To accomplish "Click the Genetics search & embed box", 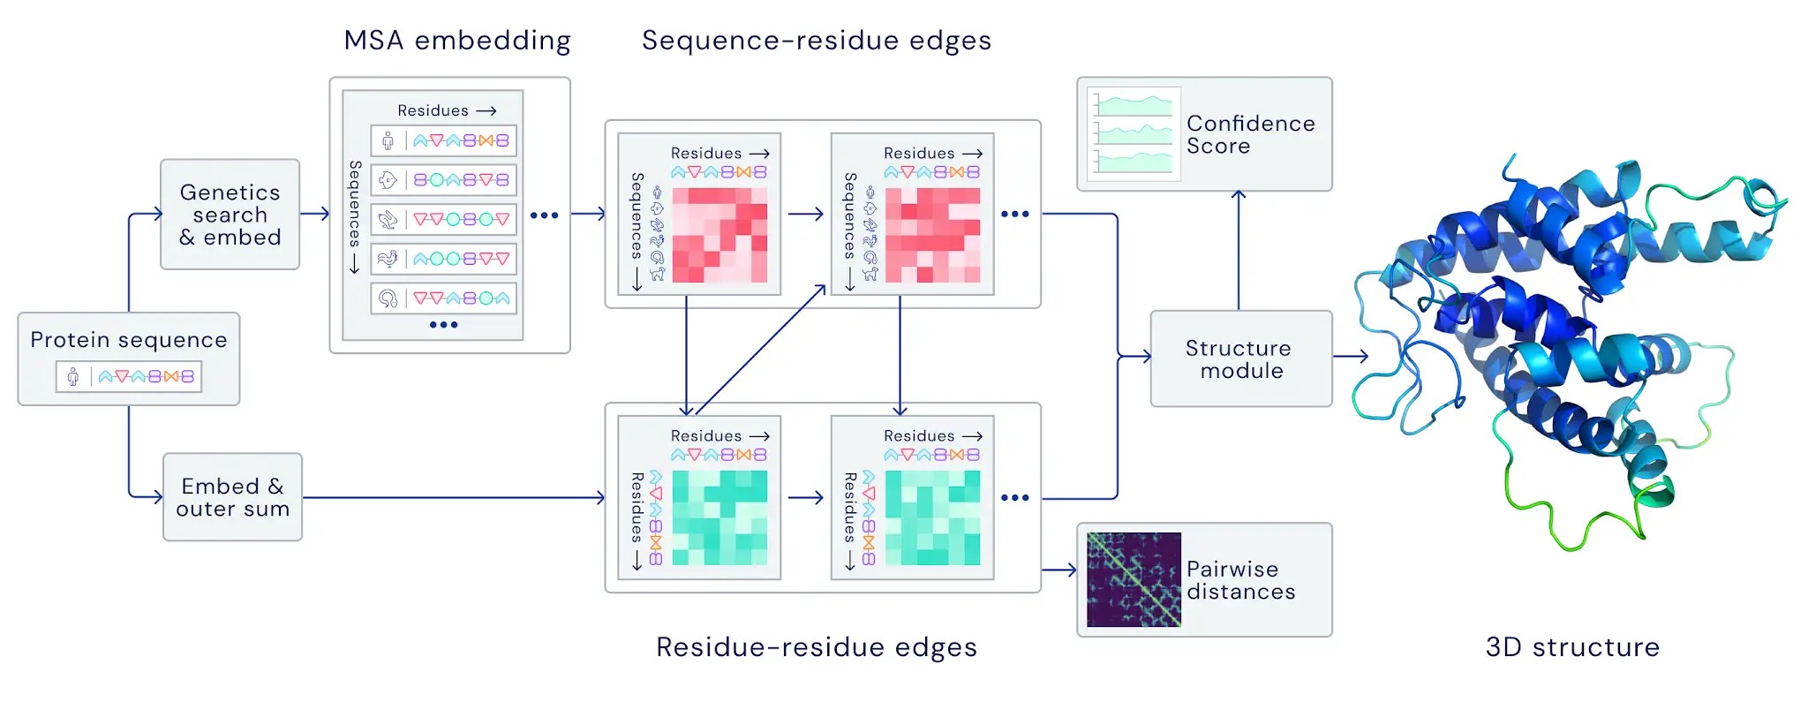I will (x=230, y=215).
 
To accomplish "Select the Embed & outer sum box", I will (x=232, y=497).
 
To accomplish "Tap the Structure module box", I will (x=1240, y=359).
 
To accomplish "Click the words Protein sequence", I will (x=129, y=340).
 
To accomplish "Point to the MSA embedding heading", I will (x=457, y=41).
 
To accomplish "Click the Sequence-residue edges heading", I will (x=816, y=41).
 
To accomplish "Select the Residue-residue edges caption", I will (x=816, y=647).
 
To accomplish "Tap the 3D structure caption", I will (x=1571, y=647).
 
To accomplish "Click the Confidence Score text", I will (x=1250, y=134).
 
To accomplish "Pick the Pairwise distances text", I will (x=1240, y=580).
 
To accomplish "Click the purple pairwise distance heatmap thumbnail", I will (x=1134, y=579).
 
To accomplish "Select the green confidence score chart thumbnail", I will (x=1134, y=134).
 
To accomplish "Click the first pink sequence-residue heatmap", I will (x=719, y=235).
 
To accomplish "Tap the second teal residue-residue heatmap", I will (x=932, y=517).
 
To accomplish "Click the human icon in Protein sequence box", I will (x=73, y=377).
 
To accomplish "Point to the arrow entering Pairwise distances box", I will (x=1059, y=570).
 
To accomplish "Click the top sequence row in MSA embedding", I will (x=443, y=140).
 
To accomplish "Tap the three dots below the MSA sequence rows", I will (x=443, y=325).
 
